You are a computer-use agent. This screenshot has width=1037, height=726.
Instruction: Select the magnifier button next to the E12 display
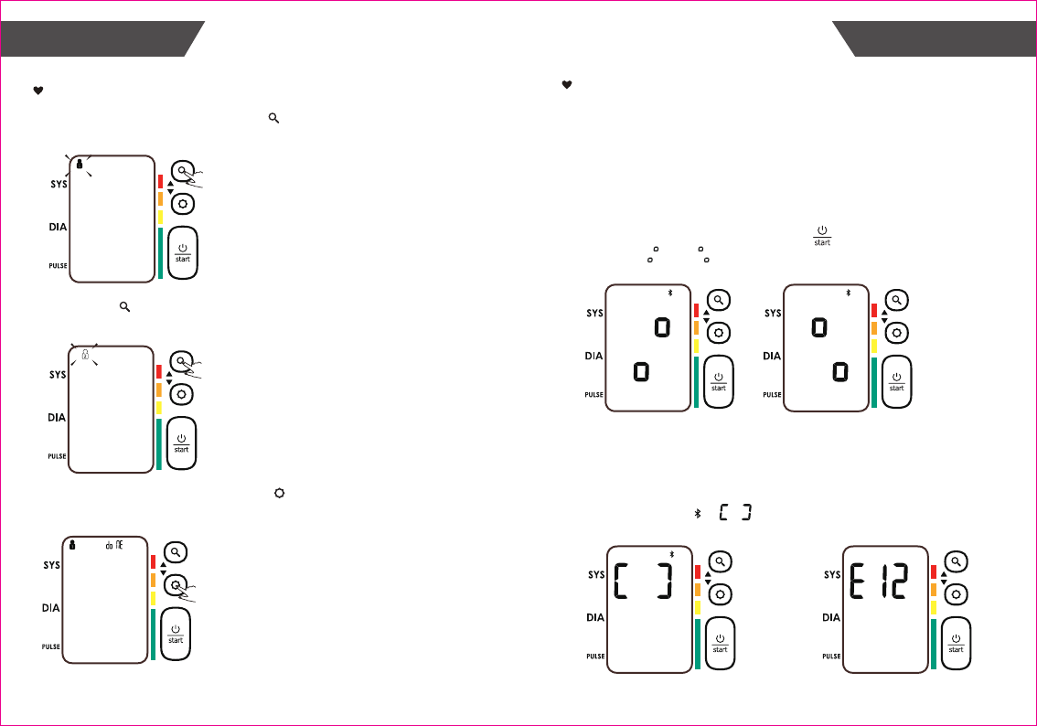pos(956,562)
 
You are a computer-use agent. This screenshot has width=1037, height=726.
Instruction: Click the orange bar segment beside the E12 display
pos(934,589)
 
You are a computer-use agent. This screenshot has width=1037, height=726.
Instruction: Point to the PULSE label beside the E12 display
pos(831,656)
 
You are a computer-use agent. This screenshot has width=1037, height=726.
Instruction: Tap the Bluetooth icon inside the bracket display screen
pos(671,553)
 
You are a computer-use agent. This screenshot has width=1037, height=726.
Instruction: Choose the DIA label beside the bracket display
pos(595,617)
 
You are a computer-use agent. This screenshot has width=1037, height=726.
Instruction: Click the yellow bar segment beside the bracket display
pos(697,606)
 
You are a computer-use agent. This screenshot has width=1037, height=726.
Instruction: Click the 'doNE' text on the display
pos(111,543)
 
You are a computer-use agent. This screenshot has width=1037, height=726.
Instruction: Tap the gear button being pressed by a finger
pos(174,585)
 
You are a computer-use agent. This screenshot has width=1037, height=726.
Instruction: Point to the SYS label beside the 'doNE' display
pos(51,564)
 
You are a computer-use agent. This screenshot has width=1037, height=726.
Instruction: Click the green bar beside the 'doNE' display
pos(153,633)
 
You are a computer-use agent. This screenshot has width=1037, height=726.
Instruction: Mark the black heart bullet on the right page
pos(566,85)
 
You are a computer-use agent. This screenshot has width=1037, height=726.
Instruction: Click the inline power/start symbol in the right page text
pos(822,235)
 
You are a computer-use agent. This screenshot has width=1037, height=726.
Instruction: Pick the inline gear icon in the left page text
pos(280,493)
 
